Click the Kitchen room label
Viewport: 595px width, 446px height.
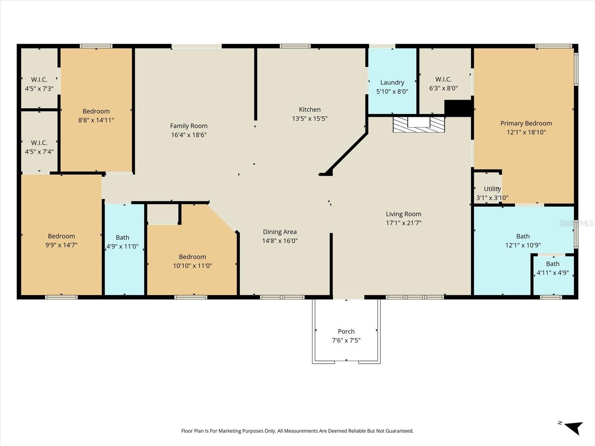tap(309, 110)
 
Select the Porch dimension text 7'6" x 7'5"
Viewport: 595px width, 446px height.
tap(346, 340)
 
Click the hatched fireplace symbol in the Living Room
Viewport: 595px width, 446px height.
tap(419, 125)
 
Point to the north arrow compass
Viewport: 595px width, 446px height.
tap(573, 427)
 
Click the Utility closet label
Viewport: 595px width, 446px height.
tap(492, 189)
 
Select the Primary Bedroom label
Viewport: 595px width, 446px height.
tap(526, 123)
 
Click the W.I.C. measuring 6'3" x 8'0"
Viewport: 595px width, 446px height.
tap(443, 84)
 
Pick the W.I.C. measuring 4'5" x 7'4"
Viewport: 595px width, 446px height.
tap(39, 147)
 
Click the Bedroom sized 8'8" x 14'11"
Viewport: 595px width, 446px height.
tap(96, 116)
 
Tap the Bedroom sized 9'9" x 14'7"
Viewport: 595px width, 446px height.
tap(61, 240)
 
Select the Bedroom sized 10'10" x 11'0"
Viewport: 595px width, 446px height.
tap(192, 261)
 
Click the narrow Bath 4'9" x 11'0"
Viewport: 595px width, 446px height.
tap(123, 242)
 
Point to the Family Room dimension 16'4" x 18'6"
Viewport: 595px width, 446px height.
tap(189, 135)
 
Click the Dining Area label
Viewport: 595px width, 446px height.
tap(280, 232)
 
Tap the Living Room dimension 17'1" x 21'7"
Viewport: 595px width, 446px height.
tap(403, 223)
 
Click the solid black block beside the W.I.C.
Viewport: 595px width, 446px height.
tap(458, 108)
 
